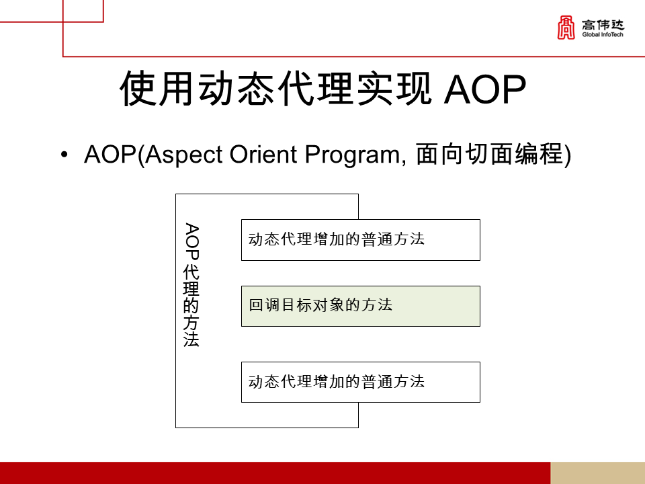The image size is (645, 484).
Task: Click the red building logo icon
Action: pyautogui.click(x=566, y=28)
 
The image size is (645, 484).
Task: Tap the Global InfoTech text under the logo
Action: pyautogui.click(x=603, y=34)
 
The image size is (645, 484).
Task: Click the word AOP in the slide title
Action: pyautogui.click(x=485, y=89)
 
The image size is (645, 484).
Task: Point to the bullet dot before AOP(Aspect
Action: pyautogui.click(x=64, y=155)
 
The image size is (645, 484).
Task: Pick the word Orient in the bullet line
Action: pyautogui.click(x=263, y=155)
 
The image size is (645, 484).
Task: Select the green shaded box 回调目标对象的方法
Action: pyautogui.click(x=361, y=307)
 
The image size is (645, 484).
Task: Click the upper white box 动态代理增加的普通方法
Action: pyautogui.click(x=361, y=240)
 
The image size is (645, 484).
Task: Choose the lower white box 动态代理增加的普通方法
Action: pyautogui.click(x=361, y=382)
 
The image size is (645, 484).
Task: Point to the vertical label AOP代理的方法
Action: pyautogui.click(x=191, y=285)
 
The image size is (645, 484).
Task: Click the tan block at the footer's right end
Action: pyautogui.click(x=598, y=473)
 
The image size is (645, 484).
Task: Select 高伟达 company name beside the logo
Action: pyautogui.click(x=603, y=25)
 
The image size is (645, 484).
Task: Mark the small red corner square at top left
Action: pyautogui.click(x=83, y=11)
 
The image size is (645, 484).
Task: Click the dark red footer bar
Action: pyautogui.click(x=275, y=473)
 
